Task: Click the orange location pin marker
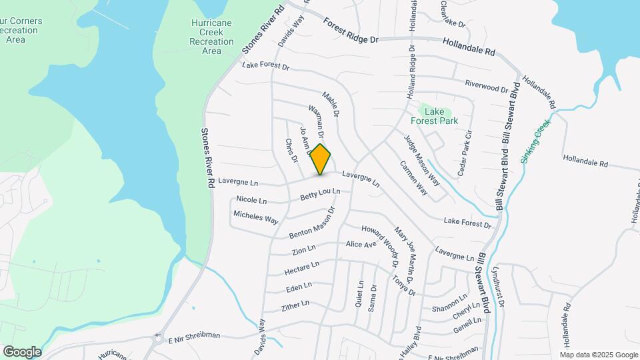[x=321, y=159]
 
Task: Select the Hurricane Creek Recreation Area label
[x=211, y=36]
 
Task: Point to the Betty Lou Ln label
[x=320, y=194]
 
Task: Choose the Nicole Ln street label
[x=251, y=200]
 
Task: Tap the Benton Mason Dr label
[x=311, y=223]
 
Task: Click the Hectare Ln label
[x=301, y=268]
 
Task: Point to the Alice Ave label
[x=361, y=245]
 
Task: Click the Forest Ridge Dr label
[x=351, y=31]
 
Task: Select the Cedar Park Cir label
[x=465, y=152]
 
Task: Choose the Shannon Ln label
[x=449, y=303]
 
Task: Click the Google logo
[x=22, y=351]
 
